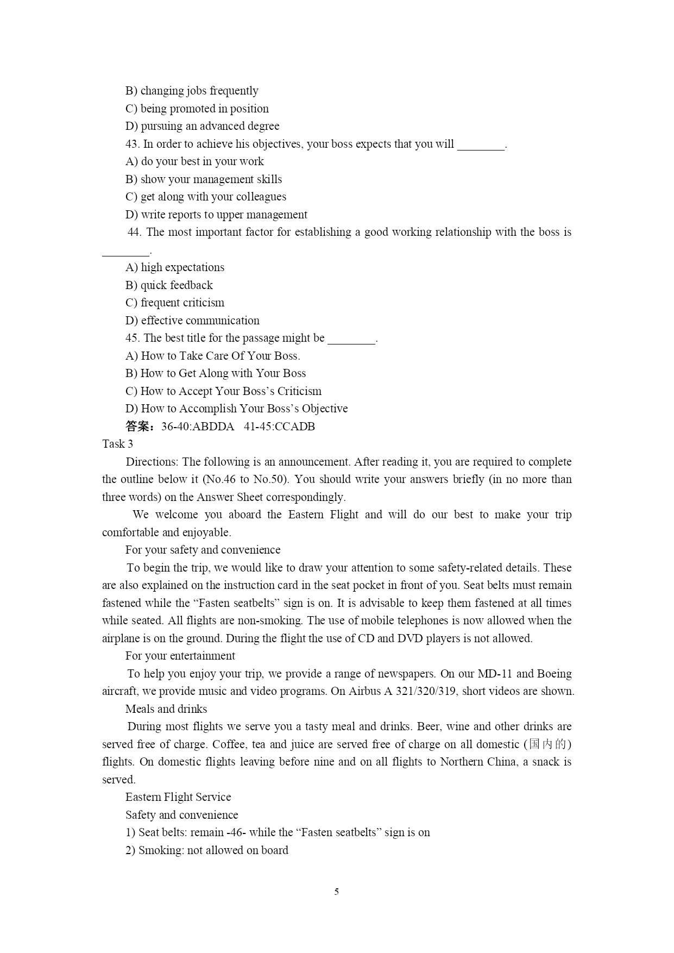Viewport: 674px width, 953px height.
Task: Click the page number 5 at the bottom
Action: click(337, 892)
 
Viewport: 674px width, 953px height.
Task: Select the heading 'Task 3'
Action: click(117, 444)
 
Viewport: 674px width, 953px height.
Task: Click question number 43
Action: click(132, 144)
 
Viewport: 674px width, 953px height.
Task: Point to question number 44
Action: click(134, 233)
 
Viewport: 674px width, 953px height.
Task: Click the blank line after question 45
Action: click(351, 339)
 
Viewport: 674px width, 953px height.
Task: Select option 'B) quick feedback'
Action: click(169, 285)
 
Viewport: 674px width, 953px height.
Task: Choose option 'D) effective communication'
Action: click(192, 321)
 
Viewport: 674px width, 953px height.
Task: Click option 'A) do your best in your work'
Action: click(194, 161)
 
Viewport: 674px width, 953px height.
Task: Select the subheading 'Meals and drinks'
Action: click(166, 709)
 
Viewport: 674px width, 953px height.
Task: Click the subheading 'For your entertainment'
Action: click(180, 656)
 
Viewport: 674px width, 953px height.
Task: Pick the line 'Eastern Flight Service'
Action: click(178, 797)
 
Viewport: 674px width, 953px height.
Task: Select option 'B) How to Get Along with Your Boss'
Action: click(216, 373)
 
